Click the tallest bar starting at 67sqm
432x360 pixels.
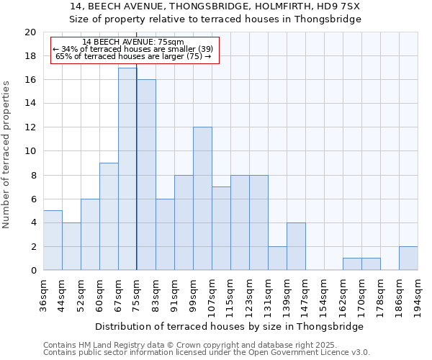127,169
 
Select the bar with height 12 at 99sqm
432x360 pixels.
202,199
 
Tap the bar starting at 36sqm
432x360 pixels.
53,240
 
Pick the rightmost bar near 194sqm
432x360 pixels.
408,258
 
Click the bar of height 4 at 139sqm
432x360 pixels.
296,246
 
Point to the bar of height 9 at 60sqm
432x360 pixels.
109,217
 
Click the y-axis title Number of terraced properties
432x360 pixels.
6,155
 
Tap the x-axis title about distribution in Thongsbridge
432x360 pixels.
229,326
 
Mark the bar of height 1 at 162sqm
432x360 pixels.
352,264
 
